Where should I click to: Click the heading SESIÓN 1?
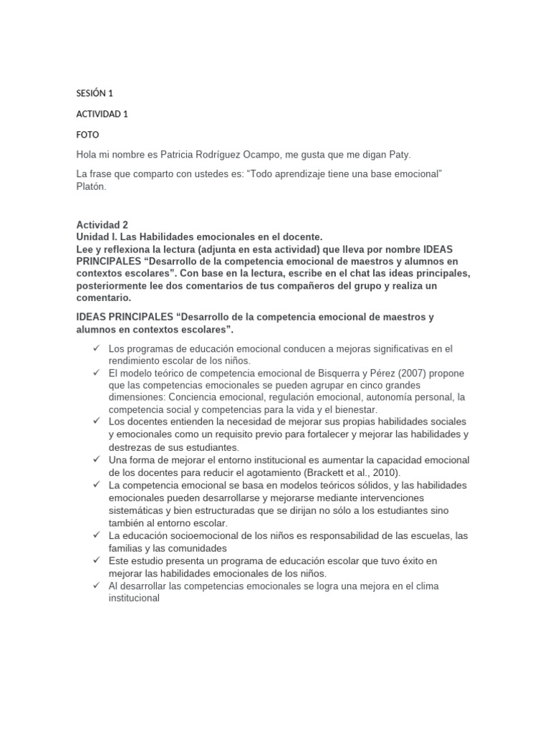pos(95,93)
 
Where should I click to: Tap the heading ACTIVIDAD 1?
pos(102,114)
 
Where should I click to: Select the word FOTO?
pos(87,135)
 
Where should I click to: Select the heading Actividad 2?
pos(102,224)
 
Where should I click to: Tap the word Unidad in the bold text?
pos(93,236)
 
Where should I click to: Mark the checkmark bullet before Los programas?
pos(96,348)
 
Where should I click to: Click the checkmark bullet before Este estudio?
pos(96,561)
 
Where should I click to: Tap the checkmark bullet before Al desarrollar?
pos(96,586)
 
